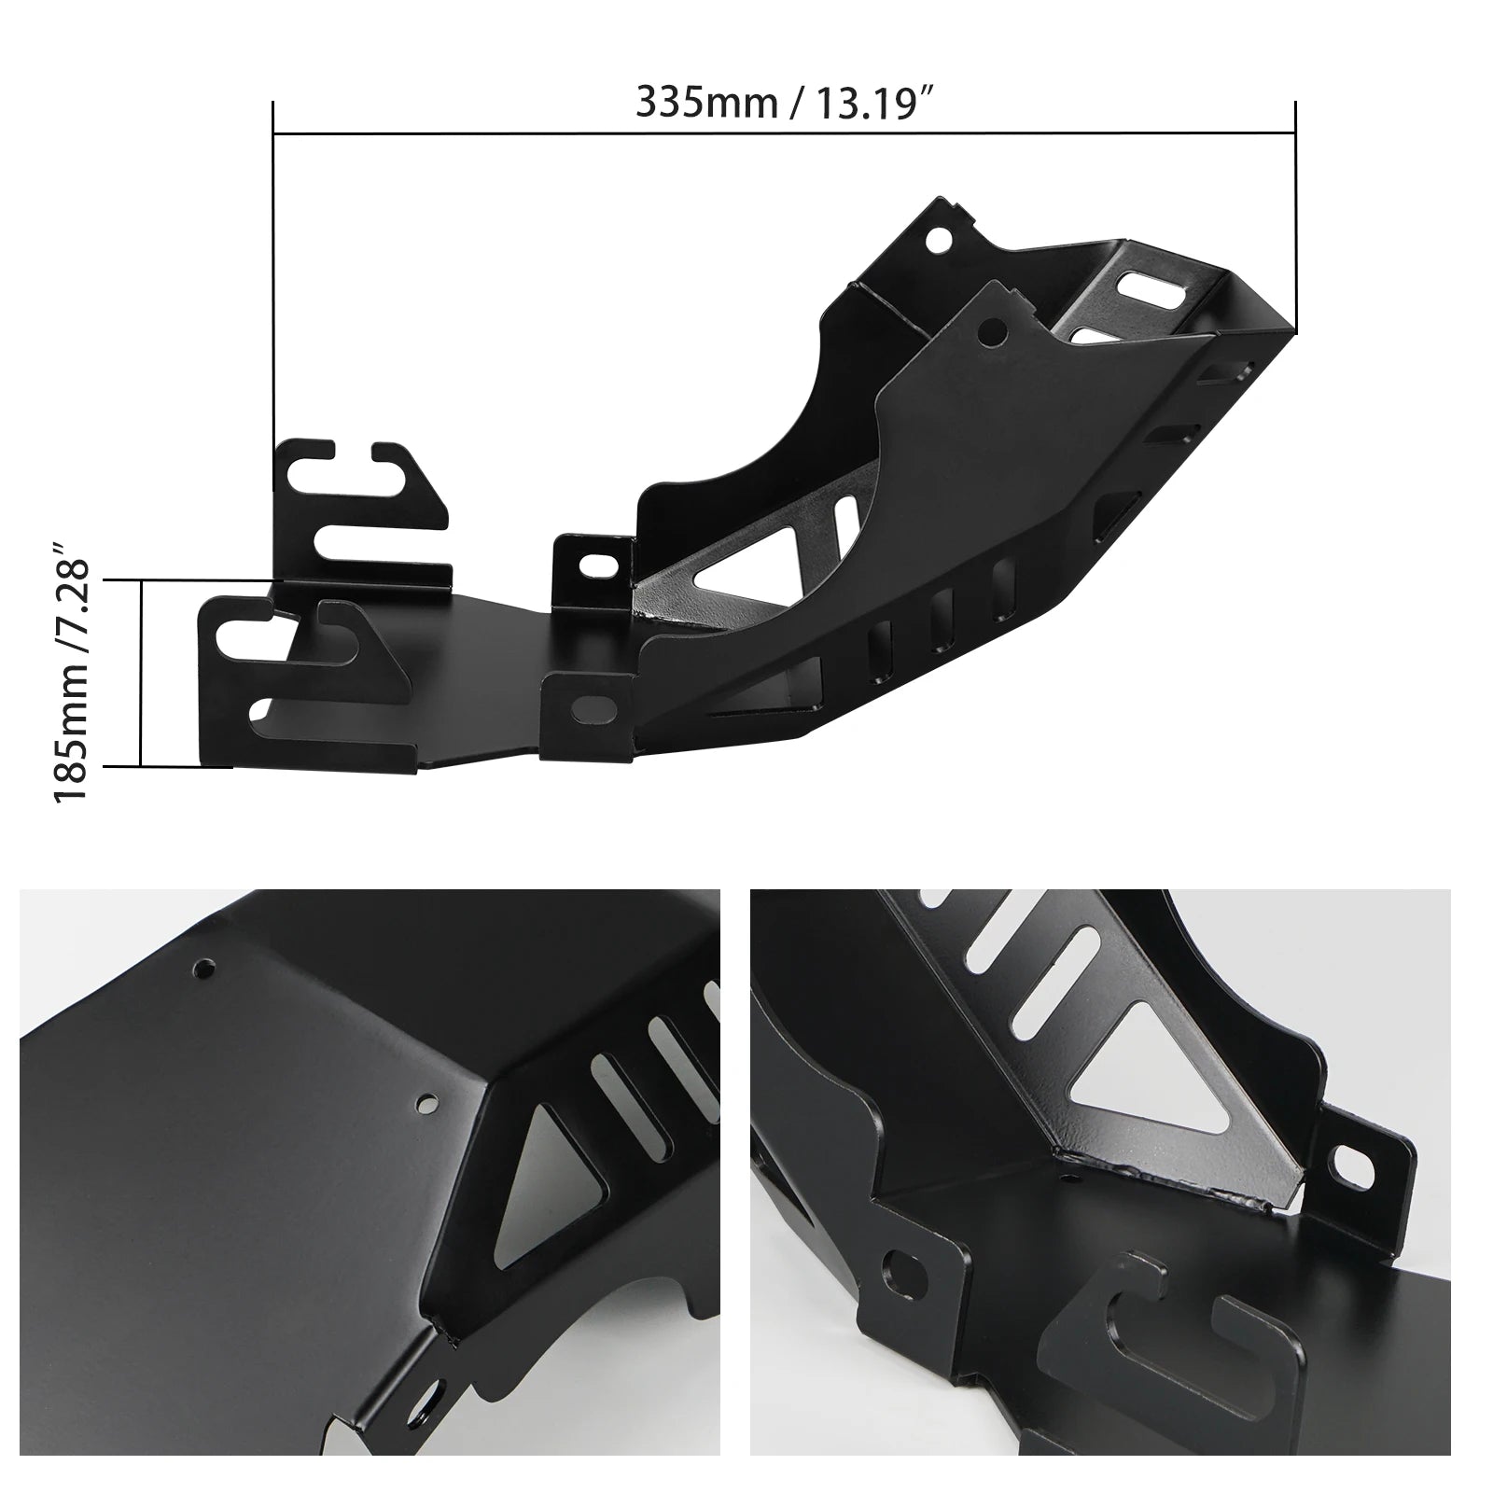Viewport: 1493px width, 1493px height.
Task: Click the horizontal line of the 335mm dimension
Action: (x=784, y=133)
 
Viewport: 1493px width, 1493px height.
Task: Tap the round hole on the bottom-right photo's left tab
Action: (x=903, y=1270)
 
